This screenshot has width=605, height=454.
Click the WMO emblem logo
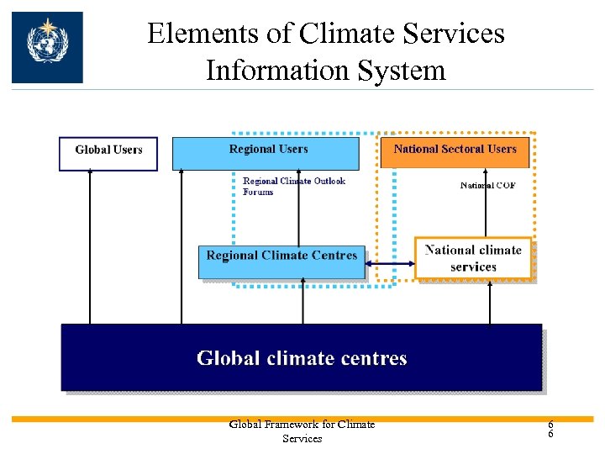point(47,47)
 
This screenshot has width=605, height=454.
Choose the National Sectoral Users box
point(455,150)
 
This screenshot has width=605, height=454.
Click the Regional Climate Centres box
point(281,256)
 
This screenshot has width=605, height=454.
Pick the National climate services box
point(473,259)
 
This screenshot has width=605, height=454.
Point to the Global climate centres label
point(302,359)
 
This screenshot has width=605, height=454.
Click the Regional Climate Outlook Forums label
point(293,186)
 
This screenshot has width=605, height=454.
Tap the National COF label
point(487,186)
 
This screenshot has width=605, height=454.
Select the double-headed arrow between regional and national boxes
point(393,263)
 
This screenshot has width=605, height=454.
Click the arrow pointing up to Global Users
point(90,244)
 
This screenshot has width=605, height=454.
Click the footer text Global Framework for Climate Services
point(302,431)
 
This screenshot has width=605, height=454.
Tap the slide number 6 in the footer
point(550,430)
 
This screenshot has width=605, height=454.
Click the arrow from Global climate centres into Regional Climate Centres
point(303,303)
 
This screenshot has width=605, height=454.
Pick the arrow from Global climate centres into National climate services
point(490,303)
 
